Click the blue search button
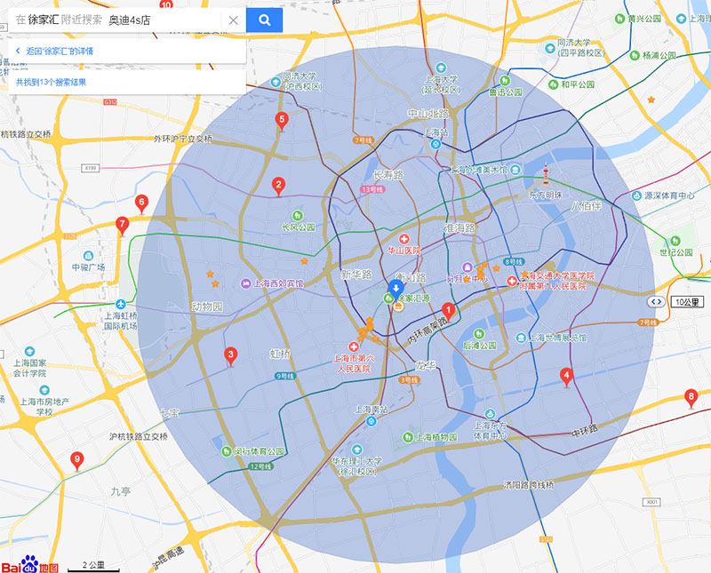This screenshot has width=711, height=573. click(x=264, y=20)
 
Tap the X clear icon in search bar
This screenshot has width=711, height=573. click(x=233, y=20)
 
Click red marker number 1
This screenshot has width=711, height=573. click(x=449, y=311)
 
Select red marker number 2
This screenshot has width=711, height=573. click(x=278, y=186)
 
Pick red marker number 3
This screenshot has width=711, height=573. click(x=231, y=356)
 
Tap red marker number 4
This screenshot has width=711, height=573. click(x=566, y=376)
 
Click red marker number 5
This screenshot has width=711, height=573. click(x=282, y=120)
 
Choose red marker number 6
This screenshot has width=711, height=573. click(x=141, y=203)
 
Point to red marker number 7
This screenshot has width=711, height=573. click(x=123, y=225)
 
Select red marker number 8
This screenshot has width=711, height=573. click(x=691, y=396)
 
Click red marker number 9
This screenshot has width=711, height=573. click(x=76, y=459)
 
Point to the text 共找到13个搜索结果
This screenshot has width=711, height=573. click(x=51, y=82)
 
